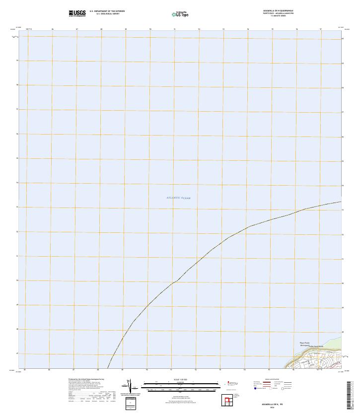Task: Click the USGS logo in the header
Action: click(77, 13)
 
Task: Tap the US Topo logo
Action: click(180, 14)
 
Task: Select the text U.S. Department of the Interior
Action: click(107, 10)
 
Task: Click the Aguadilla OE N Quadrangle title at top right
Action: click(278, 10)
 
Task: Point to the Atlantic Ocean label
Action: click(178, 198)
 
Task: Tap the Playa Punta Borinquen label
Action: click(304, 344)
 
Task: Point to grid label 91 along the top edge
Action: click(174, 29)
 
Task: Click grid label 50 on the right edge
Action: click(343, 283)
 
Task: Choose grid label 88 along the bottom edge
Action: click(98, 370)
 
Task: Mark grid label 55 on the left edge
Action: click(17, 158)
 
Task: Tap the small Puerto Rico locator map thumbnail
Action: click(230, 383)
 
